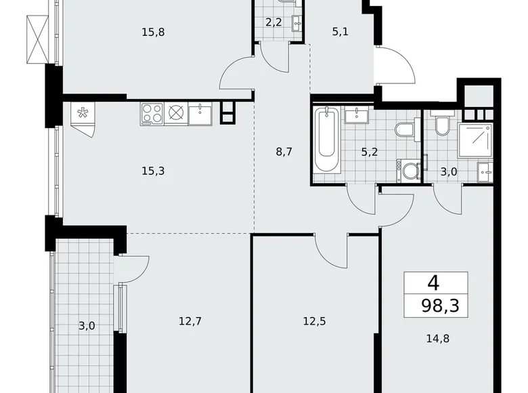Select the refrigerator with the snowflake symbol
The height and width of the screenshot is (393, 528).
click(x=84, y=113)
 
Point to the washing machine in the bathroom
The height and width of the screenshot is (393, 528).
click(x=409, y=171)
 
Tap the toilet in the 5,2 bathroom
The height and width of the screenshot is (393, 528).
click(x=404, y=129)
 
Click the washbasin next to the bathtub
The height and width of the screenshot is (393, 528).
click(x=356, y=116)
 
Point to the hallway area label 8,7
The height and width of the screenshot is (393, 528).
click(x=284, y=152)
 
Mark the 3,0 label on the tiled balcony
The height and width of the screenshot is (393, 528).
click(x=86, y=326)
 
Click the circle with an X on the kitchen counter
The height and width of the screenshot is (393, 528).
click(x=176, y=113)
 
